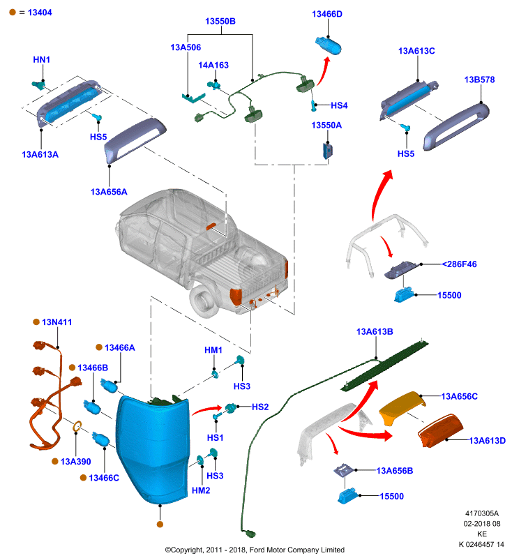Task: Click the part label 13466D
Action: [x=327, y=14]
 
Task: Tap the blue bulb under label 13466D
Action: [x=328, y=45]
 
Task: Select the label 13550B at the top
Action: [x=220, y=22]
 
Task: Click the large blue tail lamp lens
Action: [x=152, y=449]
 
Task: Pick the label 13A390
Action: [x=75, y=462]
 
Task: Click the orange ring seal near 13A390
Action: [x=77, y=426]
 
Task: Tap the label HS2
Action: [x=260, y=407]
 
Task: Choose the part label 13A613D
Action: [x=487, y=441]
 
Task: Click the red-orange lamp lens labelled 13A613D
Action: [x=440, y=430]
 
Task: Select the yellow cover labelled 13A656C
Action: [x=402, y=407]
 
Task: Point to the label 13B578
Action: [x=479, y=80]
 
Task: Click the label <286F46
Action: [x=459, y=264]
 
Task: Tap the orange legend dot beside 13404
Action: [x=13, y=12]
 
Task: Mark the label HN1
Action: [x=42, y=59]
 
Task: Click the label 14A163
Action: [x=213, y=65]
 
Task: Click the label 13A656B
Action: [x=395, y=471]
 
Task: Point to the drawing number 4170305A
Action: [x=482, y=513]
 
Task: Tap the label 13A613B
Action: [x=375, y=332]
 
